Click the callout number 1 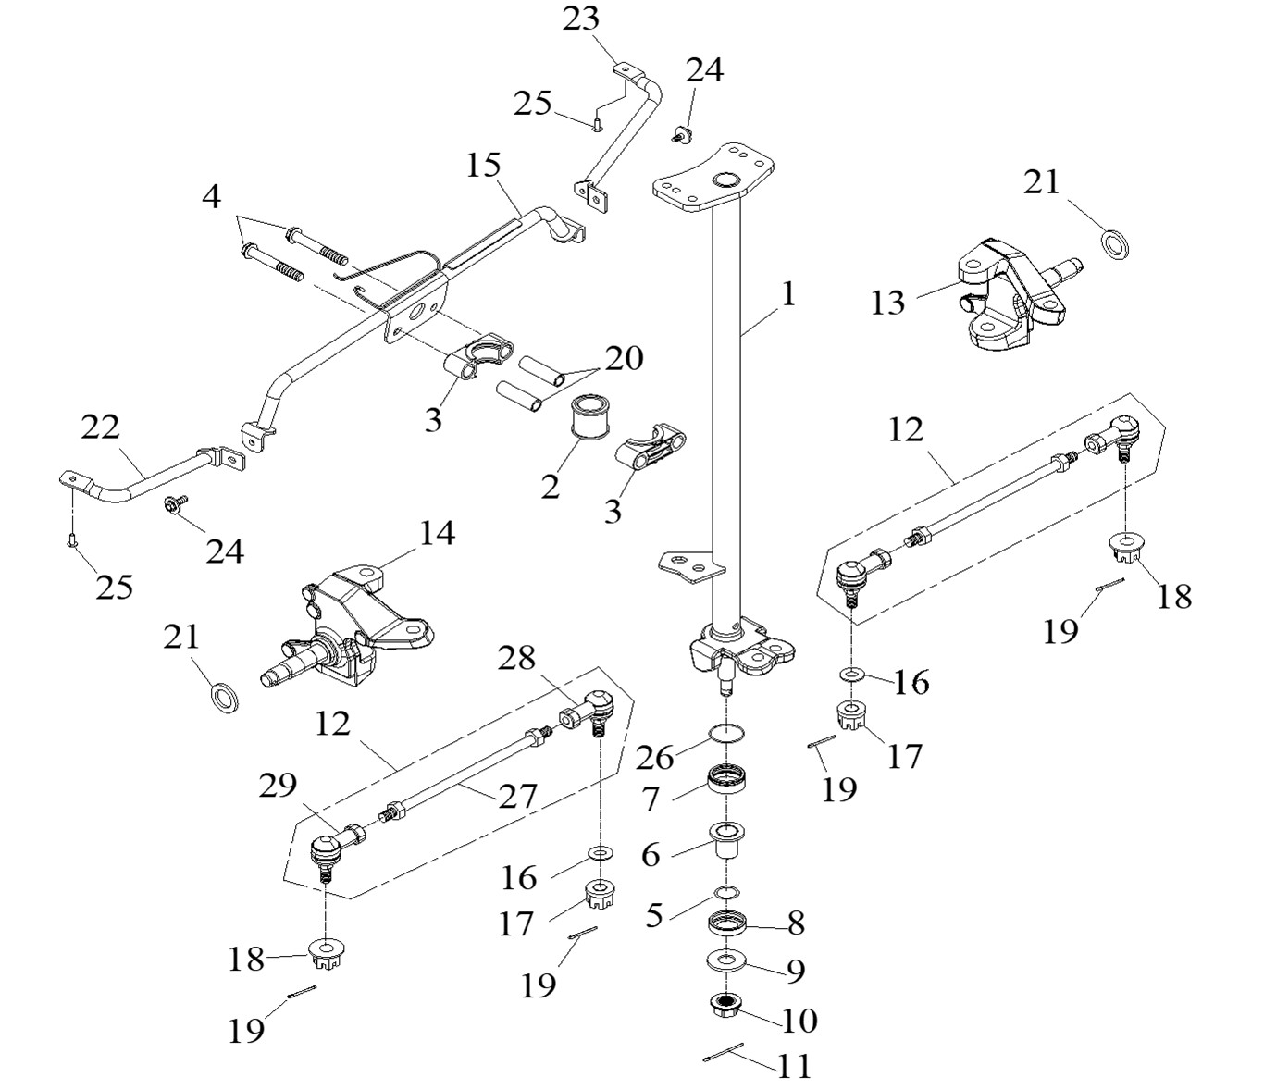tap(787, 295)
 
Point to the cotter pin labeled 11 tap(725, 1054)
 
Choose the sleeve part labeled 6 tap(727, 840)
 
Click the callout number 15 tap(483, 167)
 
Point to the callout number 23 tap(581, 19)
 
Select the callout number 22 tap(101, 428)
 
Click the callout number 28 tap(517, 659)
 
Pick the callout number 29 tap(278, 786)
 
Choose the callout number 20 tap(624, 358)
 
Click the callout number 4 tap(212, 196)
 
